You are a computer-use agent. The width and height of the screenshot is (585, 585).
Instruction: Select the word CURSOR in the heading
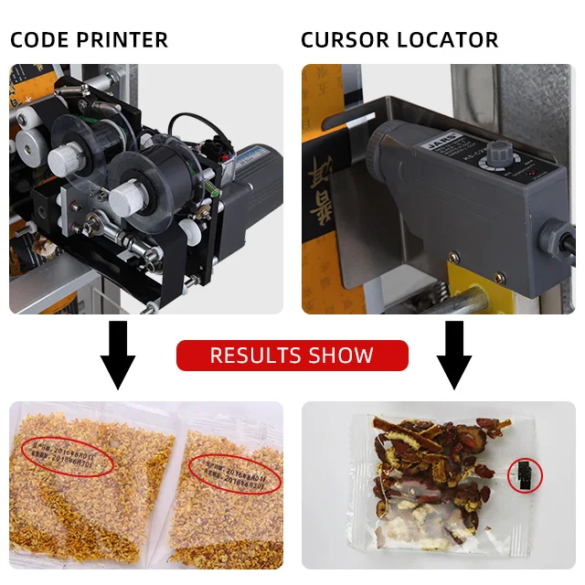coord(344,40)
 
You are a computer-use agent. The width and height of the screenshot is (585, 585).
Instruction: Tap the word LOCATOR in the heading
coord(451,40)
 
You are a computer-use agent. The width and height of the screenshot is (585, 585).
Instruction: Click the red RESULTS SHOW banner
coord(292,356)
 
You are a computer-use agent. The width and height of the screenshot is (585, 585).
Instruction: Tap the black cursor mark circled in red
coord(525,473)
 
